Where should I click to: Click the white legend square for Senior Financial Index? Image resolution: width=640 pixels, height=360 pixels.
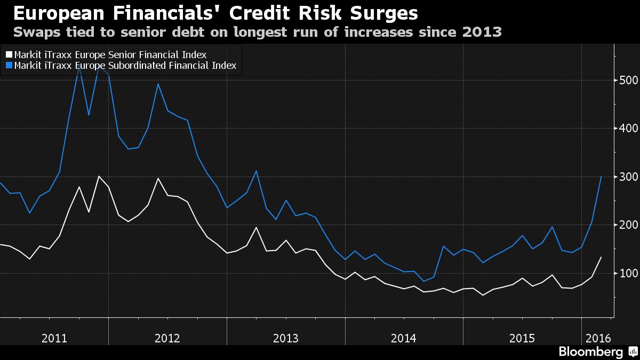[9, 55]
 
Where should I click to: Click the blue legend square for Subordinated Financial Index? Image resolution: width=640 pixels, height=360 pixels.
[9, 66]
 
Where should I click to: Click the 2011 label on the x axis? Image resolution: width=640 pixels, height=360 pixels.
[54, 338]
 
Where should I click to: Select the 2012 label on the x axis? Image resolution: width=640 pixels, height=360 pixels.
[167, 338]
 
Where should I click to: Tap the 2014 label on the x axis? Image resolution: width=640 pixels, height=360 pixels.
[404, 338]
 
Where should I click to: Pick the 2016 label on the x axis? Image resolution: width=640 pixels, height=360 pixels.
[598, 338]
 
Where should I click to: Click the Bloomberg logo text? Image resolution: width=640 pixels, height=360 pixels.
[590, 352]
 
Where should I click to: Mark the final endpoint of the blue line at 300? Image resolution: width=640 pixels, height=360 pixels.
[602, 177]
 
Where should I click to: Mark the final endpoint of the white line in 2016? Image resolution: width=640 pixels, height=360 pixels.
[602, 257]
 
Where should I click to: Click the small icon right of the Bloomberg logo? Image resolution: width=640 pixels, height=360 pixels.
[632, 352]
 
